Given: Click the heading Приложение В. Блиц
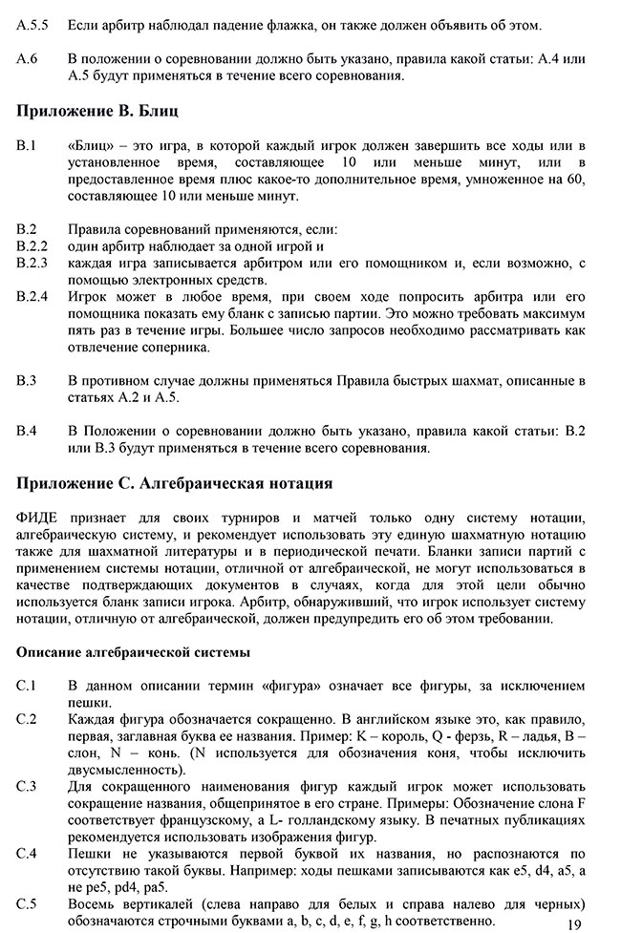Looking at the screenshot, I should click(98, 111).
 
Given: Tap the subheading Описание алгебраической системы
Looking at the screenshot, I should click(133, 653).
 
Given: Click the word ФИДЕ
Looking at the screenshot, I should click(40, 518).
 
